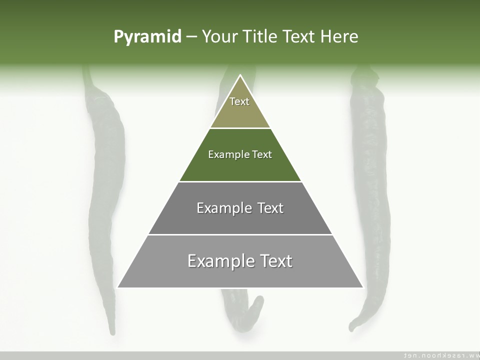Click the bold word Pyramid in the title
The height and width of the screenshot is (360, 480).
coord(147,37)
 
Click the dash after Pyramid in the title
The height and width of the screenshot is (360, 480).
coord(191,37)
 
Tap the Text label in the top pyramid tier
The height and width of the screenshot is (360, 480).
coord(239,101)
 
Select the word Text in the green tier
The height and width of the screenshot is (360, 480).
coord(262,154)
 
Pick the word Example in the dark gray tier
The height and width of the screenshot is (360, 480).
coord(224,208)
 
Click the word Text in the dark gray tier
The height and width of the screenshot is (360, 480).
coord(270,208)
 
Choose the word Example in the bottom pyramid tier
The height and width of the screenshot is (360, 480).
coord(220,261)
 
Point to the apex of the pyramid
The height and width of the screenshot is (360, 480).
coord(240,75)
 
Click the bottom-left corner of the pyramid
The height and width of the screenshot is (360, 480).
coord(118,287)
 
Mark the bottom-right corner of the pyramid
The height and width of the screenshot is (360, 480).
coord(362,287)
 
